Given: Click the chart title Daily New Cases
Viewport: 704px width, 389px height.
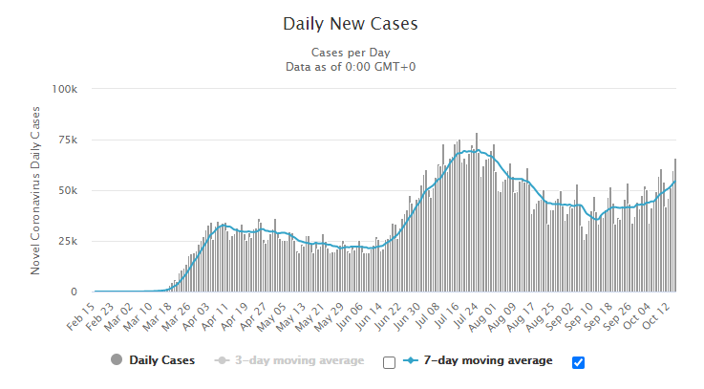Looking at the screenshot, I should pyautogui.click(x=351, y=22).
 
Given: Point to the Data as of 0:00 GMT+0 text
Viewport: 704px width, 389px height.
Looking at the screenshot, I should pyautogui.click(x=351, y=66).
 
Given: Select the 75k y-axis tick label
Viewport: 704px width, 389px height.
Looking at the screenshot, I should pyautogui.click(x=67, y=140).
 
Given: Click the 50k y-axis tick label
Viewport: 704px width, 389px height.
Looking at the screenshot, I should pyautogui.click(x=67, y=190).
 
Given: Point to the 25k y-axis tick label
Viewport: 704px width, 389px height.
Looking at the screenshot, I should pyautogui.click(x=67, y=241).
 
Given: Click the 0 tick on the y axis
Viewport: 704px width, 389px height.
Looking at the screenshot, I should pyautogui.click(x=75, y=292).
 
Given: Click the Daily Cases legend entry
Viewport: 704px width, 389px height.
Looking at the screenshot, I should pyautogui.click(x=161, y=360).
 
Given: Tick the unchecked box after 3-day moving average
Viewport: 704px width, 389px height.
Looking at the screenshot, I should pyautogui.click(x=389, y=362).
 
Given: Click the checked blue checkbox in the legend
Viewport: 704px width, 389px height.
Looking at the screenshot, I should pyautogui.click(x=577, y=362).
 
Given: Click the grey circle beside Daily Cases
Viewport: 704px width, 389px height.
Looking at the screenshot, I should pyautogui.click(x=117, y=360).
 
